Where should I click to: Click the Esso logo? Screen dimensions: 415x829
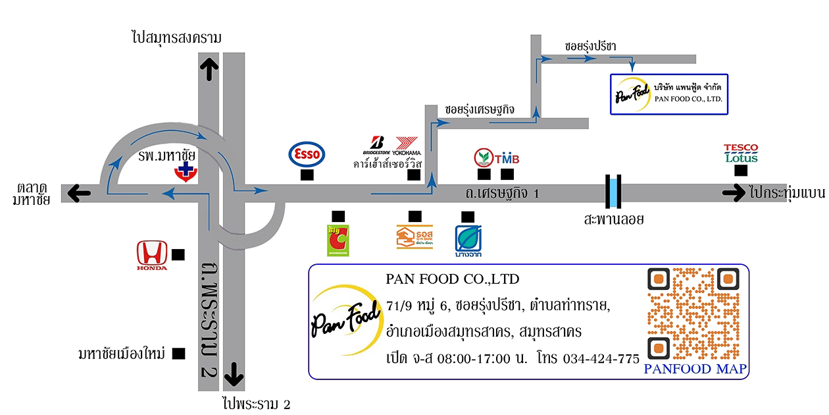[307, 154]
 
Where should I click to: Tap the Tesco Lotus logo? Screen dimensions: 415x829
[741, 153]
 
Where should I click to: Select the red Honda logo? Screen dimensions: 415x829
[151, 255]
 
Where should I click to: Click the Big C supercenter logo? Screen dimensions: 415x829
[338, 240]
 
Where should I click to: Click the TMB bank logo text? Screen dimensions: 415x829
[507, 159]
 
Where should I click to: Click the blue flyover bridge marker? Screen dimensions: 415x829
[613, 192]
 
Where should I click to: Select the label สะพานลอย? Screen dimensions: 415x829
[613, 219]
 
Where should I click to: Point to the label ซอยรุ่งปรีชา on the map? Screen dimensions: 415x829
[590, 46]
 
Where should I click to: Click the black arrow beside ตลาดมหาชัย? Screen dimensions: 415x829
[80, 193]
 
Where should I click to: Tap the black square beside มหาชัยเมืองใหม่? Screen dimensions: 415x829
[178, 354]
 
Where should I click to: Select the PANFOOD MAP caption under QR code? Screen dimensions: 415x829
[695, 370]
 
